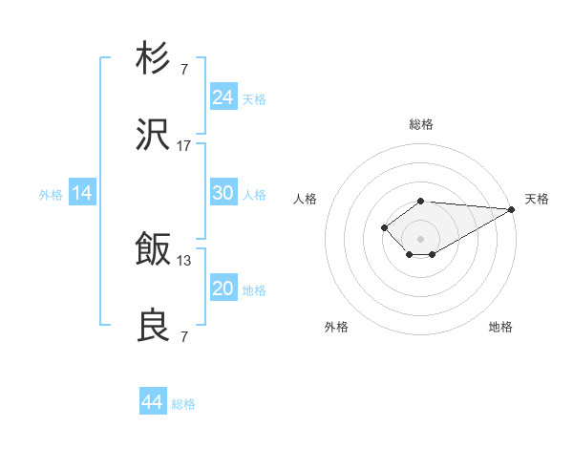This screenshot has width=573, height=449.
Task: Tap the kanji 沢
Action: tap(154, 136)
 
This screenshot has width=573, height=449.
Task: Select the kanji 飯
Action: tap(154, 249)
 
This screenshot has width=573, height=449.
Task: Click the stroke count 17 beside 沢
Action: tap(184, 146)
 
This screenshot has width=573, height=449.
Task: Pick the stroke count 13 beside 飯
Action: tap(184, 260)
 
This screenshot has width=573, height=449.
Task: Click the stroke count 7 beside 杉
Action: tap(184, 69)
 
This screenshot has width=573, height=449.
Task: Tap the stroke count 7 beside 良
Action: tap(184, 337)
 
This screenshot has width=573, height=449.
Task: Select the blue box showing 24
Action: tap(223, 97)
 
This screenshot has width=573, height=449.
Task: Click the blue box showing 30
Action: tap(223, 193)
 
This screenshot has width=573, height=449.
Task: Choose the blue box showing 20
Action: tap(223, 289)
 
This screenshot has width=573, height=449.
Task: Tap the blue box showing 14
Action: tap(82, 193)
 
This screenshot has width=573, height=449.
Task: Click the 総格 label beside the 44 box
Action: tap(183, 404)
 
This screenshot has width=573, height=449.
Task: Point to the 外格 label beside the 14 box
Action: tap(51, 195)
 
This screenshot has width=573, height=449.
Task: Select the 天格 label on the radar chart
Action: tap(538, 199)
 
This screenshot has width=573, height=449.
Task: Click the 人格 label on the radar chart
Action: tap(306, 199)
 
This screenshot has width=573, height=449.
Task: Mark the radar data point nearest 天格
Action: tap(512, 209)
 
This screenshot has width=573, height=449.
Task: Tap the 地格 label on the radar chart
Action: tap(500, 327)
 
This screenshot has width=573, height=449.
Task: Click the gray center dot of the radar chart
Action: tap(420, 238)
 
